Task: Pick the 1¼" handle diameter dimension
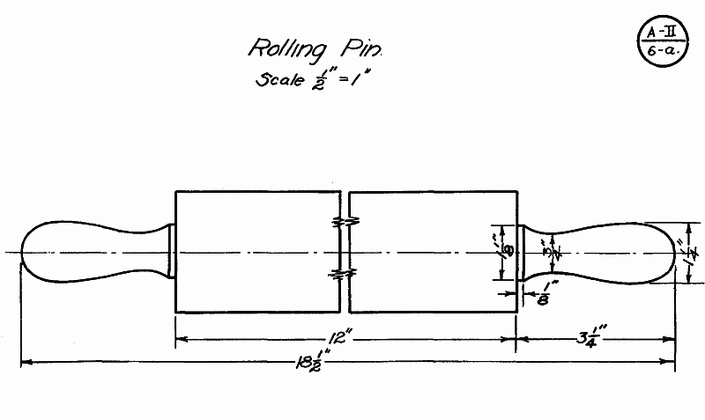pyautogui.click(x=690, y=253)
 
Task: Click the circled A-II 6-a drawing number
pyautogui.click(x=661, y=41)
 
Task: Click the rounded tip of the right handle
pyautogui.click(x=672, y=252)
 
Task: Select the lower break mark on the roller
pyautogui.click(x=344, y=276)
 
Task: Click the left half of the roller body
pyautogui.click(x=256, y=252)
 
